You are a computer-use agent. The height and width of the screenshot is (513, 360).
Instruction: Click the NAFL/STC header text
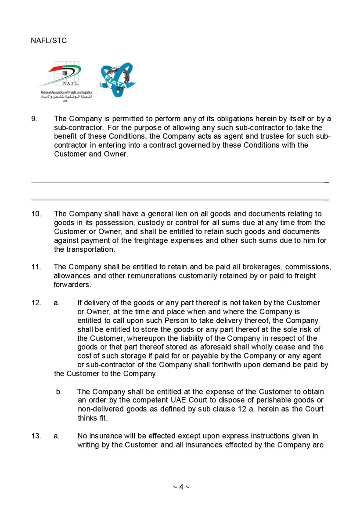pos(49,40)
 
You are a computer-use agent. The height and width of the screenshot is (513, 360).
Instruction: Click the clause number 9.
pos(34,119)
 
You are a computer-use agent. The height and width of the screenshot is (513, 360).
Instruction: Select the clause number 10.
pos(36,214)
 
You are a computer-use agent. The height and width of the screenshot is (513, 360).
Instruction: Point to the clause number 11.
pos(36,267)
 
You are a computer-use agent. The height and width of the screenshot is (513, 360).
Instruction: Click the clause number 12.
pos(36,303)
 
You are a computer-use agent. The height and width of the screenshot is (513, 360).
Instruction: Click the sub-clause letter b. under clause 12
pos(59,391)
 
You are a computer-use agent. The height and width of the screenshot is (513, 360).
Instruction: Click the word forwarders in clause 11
pos(72,285)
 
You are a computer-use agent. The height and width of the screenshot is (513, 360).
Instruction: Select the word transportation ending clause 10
pos(90,249)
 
